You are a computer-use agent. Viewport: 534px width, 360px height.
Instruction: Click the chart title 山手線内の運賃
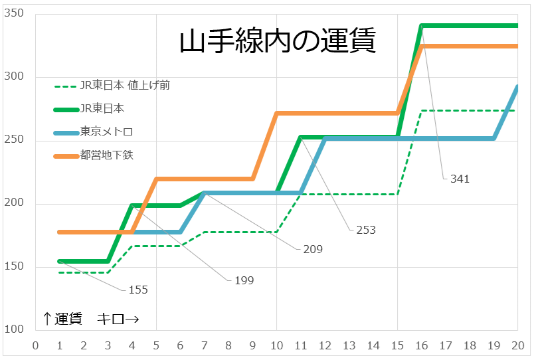coord(278,41)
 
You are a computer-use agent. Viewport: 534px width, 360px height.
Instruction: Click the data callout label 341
coord(460,179)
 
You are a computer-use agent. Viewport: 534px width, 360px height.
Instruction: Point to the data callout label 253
coord(365,230)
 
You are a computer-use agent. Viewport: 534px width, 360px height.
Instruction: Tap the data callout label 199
coord(244,280)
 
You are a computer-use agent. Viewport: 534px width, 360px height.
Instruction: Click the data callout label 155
coord(138,290)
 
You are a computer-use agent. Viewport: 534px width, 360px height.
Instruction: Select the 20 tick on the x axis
coord(517,345)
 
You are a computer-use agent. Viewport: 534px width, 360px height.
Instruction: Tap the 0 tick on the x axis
coord(35,345)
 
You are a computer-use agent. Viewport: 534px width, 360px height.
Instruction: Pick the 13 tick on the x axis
coord(349,345)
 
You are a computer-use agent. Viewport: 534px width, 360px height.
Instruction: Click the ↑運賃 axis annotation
coord(62,319)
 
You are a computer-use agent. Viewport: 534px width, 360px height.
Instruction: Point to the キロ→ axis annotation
coord(118,319)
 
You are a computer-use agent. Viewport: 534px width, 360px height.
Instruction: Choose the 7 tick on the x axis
coord(204,345)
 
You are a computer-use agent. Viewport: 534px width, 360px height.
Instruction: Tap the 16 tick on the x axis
coord(421,345)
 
